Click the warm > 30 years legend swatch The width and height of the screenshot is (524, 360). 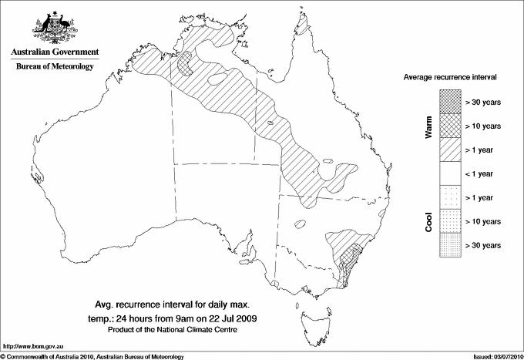coord(450,101)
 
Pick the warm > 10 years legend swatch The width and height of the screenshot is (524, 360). coord(450,125)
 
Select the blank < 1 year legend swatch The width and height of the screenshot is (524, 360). coord(450,173)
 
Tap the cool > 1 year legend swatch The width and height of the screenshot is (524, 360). coord(450,197)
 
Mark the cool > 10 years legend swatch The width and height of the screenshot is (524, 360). coord(450,221)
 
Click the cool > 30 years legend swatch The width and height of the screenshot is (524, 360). coord(450,245)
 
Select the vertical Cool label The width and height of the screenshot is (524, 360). coord(428,222)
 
